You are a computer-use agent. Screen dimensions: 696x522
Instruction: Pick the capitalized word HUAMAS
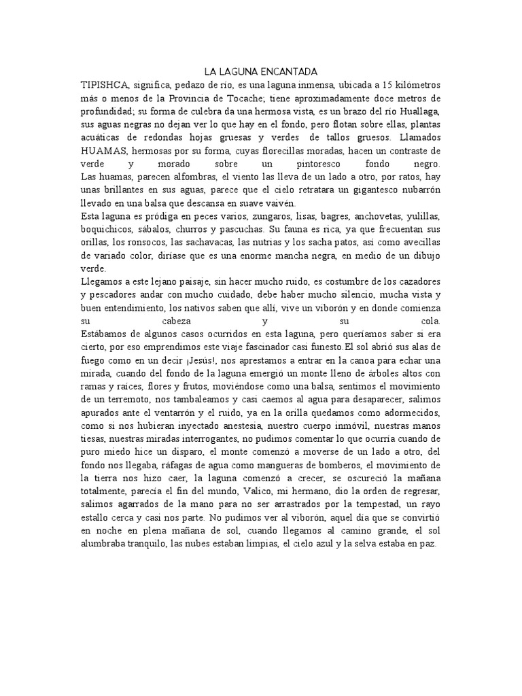(x=103, y=150)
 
